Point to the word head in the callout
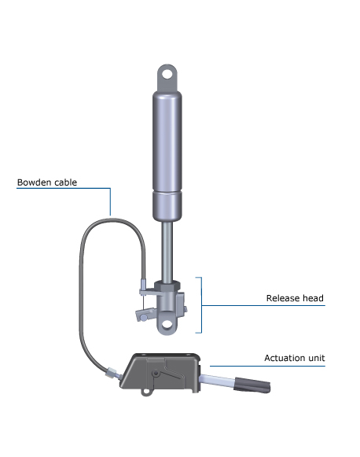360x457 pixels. [x=313, y=298]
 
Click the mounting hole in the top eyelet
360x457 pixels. [x=167, y=74]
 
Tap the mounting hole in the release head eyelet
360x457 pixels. [x=167, y=324]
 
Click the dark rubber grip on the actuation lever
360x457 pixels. [x=252, y=385]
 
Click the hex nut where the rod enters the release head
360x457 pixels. [x=167, y=286]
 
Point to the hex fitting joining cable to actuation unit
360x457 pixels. [x=112, y=373]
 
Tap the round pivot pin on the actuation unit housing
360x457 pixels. [x=156, y=374]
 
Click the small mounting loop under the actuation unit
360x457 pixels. [x=146, y=392]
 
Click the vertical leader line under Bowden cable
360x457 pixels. [x=110, y=201]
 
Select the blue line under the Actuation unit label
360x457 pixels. [x=267, y=366]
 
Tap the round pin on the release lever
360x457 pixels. [x=144, y=317]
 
